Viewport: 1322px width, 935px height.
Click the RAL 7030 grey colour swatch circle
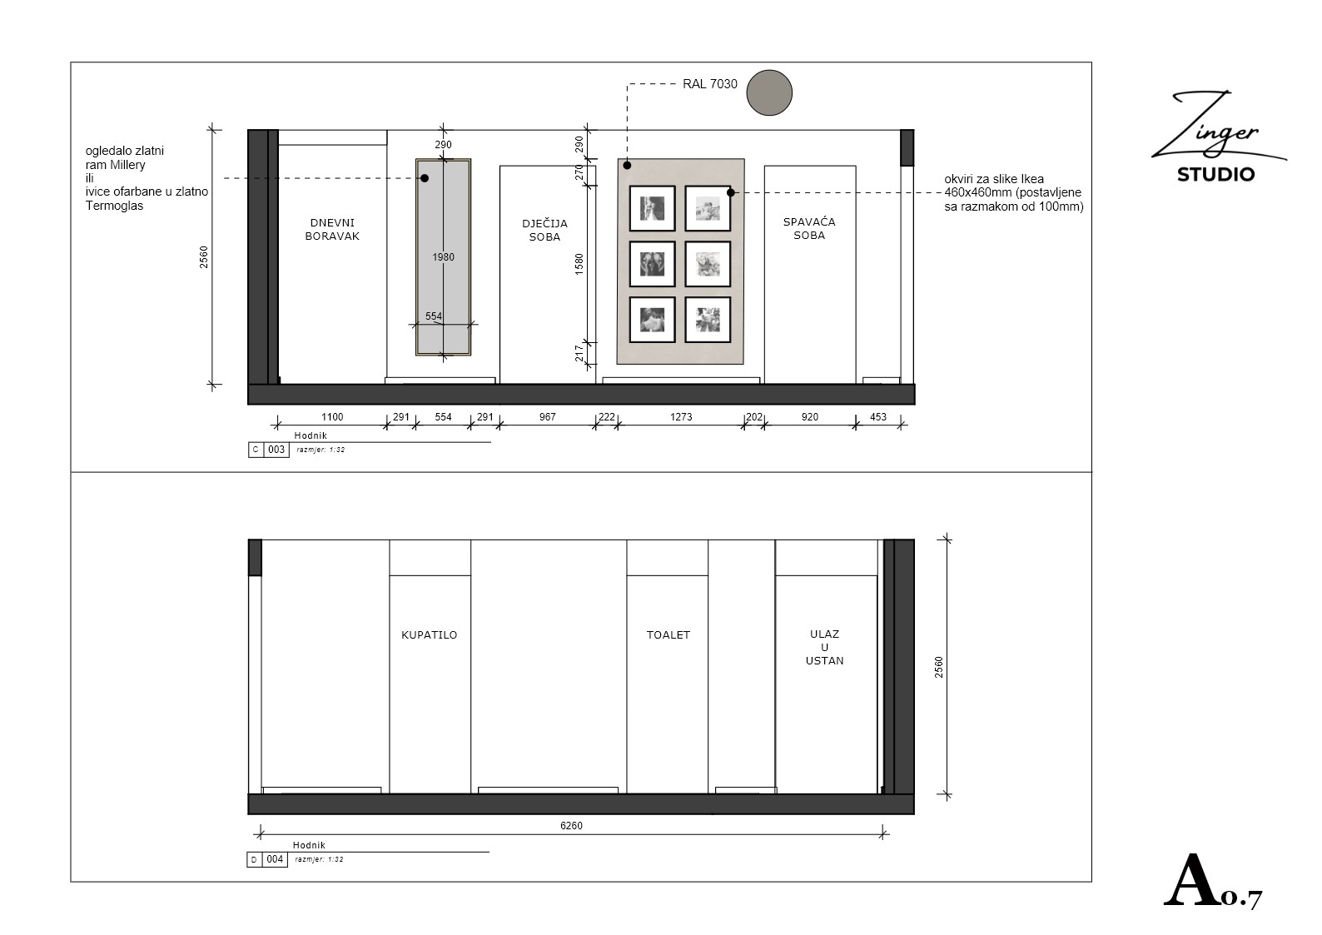769,92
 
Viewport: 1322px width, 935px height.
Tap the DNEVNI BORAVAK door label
332,229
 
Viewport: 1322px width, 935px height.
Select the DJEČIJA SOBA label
544,230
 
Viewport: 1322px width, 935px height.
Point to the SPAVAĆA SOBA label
809,228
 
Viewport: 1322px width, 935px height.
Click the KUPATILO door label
429,635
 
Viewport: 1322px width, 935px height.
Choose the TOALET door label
668,635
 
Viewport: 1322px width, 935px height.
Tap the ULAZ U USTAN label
824,648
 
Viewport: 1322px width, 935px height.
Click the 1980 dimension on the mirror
443,256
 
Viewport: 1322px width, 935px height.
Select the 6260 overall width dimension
571,825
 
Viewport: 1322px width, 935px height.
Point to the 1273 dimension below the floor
681,417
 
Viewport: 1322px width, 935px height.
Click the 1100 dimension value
332,417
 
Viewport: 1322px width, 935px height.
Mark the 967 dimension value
548,417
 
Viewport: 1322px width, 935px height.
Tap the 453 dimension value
878,417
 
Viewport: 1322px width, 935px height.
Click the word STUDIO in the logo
1215,175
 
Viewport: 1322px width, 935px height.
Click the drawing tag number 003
276,450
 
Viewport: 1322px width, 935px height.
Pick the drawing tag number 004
275,859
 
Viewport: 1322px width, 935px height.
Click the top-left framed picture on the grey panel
652,208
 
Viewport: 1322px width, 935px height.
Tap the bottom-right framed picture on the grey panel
708,320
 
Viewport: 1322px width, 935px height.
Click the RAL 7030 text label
710,84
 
